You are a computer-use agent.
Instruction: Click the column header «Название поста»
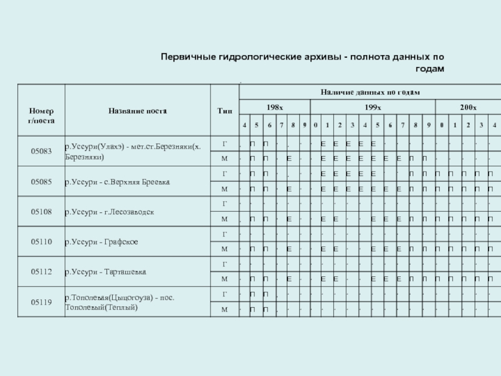coord(137,110)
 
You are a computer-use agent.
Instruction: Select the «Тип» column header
coord(224,111)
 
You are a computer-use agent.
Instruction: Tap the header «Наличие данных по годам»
coord(370,92)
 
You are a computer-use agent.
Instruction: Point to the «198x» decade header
coord(274,108)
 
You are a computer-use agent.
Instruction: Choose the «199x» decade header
coord(373,108)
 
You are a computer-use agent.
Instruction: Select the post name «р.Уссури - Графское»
coord(101,243)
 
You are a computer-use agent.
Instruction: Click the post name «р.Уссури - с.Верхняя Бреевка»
coord(117,182)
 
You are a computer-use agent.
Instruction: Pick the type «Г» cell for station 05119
coord(224,294)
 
